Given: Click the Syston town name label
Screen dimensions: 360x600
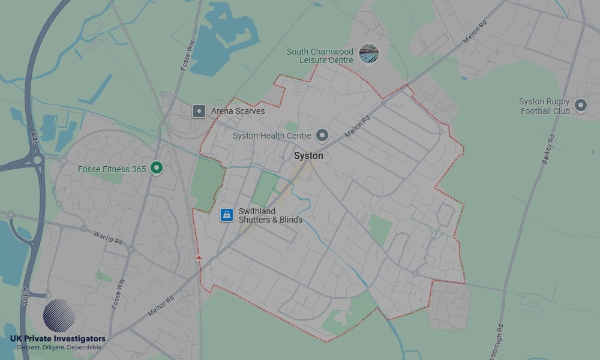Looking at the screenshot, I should [308, 156].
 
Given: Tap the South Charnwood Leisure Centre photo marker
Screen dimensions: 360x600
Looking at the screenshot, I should [369, 54].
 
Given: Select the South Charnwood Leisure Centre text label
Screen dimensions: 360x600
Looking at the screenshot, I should [320, 56].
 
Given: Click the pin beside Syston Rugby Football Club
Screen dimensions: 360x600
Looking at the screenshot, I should [580, 106].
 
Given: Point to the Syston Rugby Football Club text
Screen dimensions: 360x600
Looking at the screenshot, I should [545, 106].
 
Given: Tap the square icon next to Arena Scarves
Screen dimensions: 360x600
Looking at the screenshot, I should [199, 111].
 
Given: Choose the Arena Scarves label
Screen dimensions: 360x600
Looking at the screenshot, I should [238, 111].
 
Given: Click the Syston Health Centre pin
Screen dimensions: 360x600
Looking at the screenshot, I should [323, 136].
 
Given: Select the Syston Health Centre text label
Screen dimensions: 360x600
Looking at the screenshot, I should [272, 136].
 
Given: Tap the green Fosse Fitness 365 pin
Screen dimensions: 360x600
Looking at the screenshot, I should [157, 168].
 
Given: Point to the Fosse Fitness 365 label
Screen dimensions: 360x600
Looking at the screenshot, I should [112, 169].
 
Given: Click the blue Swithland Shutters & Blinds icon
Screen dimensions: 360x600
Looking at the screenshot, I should [226, 215].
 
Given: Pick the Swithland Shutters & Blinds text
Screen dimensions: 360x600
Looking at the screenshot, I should [270, 215].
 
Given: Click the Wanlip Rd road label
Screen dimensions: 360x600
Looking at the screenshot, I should [108, 236].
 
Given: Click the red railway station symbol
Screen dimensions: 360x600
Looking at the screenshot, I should [199, 257].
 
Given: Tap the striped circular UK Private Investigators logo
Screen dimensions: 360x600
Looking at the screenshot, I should [59, 316].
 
